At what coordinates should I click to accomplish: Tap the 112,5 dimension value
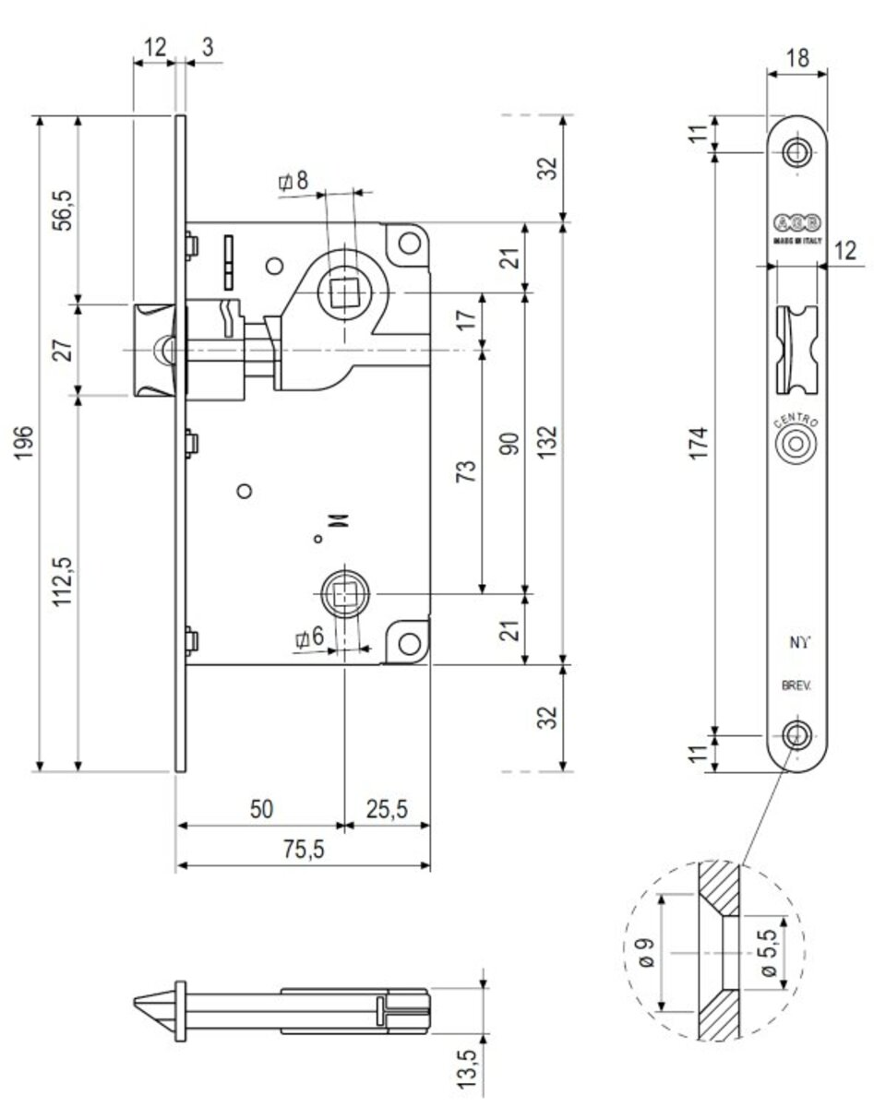point(64,582)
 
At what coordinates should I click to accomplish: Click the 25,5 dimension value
point(387,809)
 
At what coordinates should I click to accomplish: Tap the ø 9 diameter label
point(647,951)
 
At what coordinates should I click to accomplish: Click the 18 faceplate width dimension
point(796,57)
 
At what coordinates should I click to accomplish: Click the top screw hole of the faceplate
point(796,151)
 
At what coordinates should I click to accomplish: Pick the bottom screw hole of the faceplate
point(796,735)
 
